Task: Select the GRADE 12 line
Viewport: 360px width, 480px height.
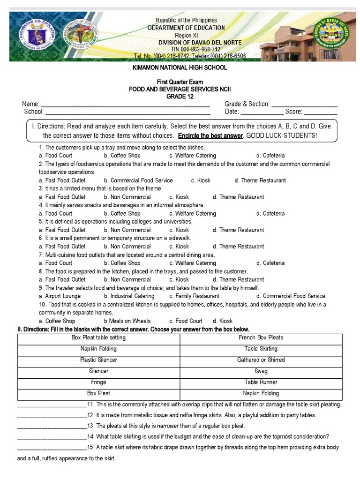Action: click(180, 97)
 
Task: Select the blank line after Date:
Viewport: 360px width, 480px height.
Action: click(262, 112)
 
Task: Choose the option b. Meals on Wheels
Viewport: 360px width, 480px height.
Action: click(127, 321)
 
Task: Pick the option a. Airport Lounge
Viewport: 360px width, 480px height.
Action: click(60, 296)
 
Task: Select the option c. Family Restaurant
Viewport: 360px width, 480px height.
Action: click(194, 296)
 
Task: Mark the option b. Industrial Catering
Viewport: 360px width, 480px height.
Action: click(129, 296)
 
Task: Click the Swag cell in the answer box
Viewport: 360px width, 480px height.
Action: click(261, 371)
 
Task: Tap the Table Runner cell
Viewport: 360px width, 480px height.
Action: click(261, 382)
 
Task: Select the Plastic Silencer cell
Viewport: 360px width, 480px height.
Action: click(98, 360)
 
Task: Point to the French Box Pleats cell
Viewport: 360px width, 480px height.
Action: click(261, 337)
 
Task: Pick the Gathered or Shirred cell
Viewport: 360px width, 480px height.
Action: click(261, 360)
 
